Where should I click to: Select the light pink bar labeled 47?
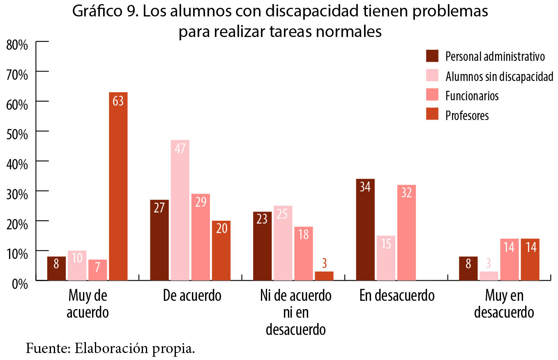pos(180,210)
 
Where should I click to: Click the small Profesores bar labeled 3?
pos(324,276)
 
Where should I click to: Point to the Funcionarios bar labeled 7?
pos(98,270)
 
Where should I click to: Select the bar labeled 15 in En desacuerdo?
pos(386,258)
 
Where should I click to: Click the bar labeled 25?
pos(283,243)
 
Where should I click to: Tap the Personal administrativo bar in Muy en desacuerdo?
pos(468,268)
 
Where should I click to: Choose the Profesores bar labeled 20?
pos(221,250)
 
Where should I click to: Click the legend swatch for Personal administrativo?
pos(433,56)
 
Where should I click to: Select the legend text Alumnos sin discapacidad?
pos(499,76)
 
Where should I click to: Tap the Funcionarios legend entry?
pos(472,96)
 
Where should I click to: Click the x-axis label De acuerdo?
pos(191,295)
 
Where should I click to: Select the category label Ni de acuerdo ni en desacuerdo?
pos(295,312)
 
